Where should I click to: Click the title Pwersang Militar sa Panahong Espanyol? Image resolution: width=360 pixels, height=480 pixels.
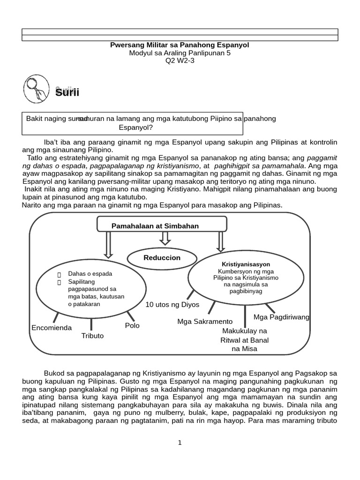(180, 45)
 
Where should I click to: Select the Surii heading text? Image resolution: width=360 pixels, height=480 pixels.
(67, 92)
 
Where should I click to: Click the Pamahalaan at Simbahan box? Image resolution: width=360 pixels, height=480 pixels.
(155, 226)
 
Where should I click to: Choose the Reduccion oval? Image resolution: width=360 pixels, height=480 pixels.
(162, 258)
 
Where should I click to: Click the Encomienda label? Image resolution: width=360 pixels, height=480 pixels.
(52, 328)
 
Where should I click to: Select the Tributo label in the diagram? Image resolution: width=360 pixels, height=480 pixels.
(92, 336)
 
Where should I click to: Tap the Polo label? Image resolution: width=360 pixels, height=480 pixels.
(132, 325)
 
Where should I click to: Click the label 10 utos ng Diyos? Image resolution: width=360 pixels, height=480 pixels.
(172, 305)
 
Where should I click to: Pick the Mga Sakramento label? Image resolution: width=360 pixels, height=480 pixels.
(205, 322)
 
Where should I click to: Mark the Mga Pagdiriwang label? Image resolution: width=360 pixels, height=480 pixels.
(281, 317)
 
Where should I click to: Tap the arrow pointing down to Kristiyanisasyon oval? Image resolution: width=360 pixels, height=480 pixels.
(220, 241)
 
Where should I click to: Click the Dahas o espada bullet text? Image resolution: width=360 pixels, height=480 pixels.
(90, 273)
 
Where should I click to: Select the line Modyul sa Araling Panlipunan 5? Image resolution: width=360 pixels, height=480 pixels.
(180, 53)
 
